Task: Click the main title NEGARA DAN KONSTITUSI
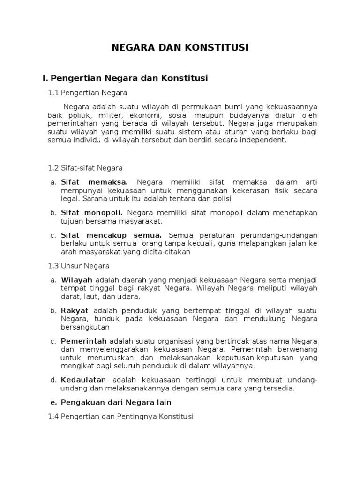[x=180, y=47]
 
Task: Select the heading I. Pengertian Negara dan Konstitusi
[x=126, y=78]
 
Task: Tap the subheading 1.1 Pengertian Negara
[x=88, y=92]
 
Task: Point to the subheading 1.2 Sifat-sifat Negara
[x=85, y=167]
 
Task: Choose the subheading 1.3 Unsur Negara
[x=79, y=266]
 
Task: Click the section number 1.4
[x=53, y=416]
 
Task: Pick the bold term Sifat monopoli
[x=92, y=212]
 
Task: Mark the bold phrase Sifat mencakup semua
[x=112, y=235]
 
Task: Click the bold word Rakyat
[x=75, y=310]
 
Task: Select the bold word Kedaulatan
[x=84, y=379]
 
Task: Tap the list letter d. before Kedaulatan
[x=53, y=379]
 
